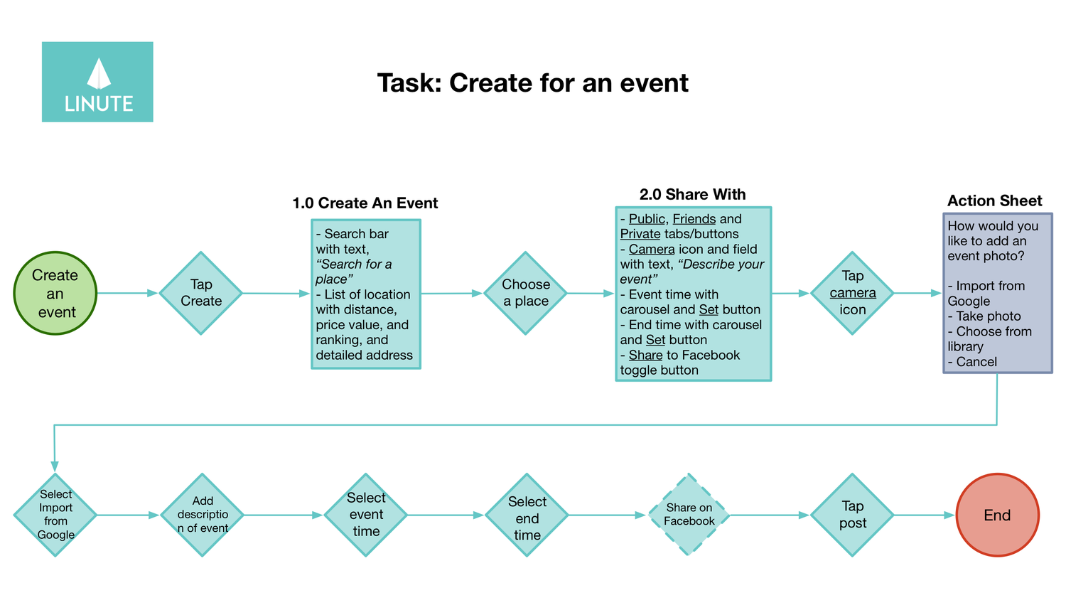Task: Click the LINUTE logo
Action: [x=97, y=82]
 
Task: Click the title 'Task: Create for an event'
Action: [x=532, y=83]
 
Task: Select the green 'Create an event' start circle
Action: [x=55, y=293]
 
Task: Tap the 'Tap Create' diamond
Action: [x=201, y=293]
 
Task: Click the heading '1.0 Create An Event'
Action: [x=365, y=203]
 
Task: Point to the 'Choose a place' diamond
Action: [x=525, y=293]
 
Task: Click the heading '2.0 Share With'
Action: [x=692, y=195]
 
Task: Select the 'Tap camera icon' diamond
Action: [x=852, y=293]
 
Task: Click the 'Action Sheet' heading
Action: [x=994, y=201]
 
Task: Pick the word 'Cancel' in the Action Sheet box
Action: [x=976, y=362]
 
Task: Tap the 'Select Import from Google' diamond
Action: [x=55, y=515]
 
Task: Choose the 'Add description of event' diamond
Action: [x=203, y=515]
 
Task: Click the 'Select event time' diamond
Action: [x=366, y=515]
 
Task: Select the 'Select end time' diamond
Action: [x=527, y=515]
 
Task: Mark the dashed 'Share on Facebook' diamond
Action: [x=689, y=515]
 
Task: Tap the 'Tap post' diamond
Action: [x=852, y=515]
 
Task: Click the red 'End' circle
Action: [x=997, y=515]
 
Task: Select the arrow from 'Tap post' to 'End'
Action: [x=924, y=515]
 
